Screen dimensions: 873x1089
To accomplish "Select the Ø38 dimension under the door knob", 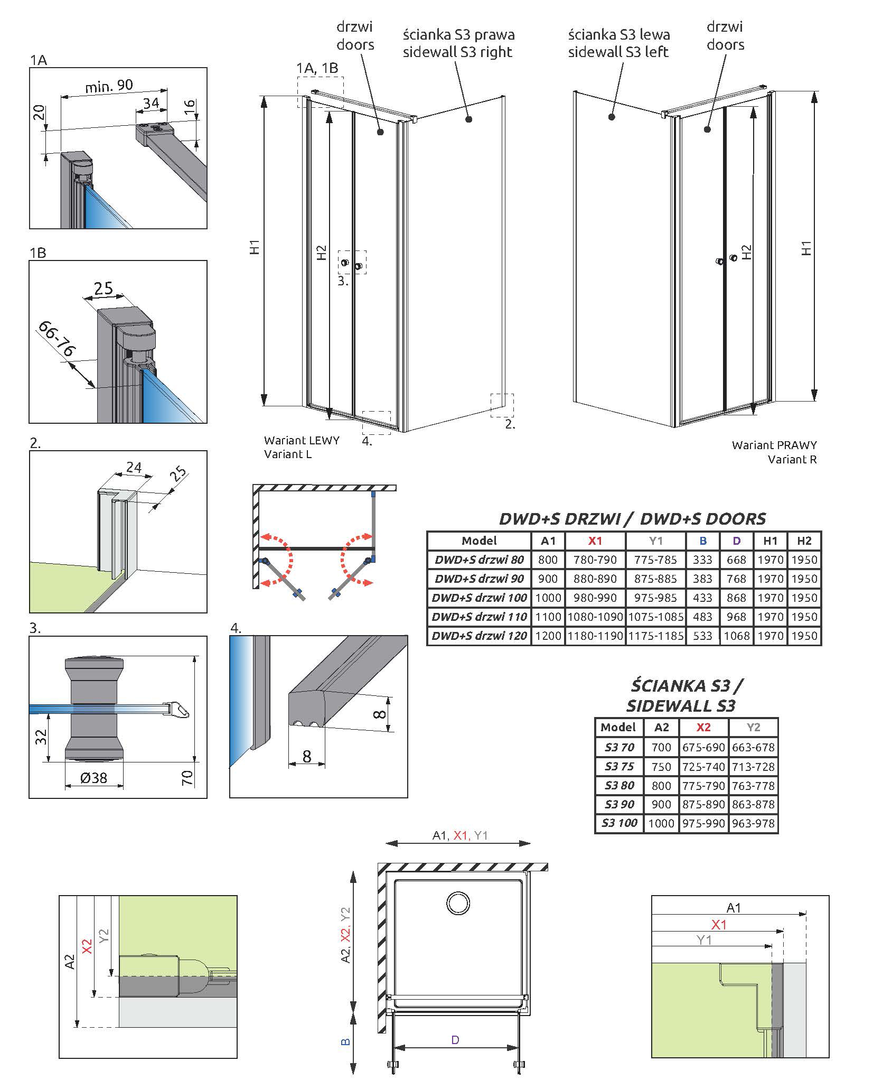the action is (x=93, y=777).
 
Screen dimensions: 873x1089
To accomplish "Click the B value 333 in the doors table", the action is (x=702, y=560).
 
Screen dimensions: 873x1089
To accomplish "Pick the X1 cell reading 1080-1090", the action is (x=595, y=617).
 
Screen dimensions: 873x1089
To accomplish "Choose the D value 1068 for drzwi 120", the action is (x=736, y=636).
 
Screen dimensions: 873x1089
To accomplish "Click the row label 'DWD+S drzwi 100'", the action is (x=479, y=598).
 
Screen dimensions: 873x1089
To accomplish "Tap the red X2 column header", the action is (x=703, y=727).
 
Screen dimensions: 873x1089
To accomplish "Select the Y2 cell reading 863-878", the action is (x=753, y=804).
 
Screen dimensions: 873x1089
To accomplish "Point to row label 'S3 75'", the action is (x=619, y=766).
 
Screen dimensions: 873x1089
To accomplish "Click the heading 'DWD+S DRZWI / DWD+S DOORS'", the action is (x=632, y=518).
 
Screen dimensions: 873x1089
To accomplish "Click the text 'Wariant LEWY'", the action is (x=302, y=440).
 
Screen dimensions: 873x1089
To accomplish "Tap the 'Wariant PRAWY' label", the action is (x=774, y=445).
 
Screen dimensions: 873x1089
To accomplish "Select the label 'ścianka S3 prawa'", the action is (x=458, y=35).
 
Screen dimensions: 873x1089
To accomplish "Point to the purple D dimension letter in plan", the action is (x=455, y=1040).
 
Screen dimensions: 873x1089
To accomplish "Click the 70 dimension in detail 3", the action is (x=187, y=777).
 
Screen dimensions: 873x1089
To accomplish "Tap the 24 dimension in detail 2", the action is (x=134, y=467).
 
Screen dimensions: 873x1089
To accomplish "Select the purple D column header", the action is (x=736, y=541).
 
